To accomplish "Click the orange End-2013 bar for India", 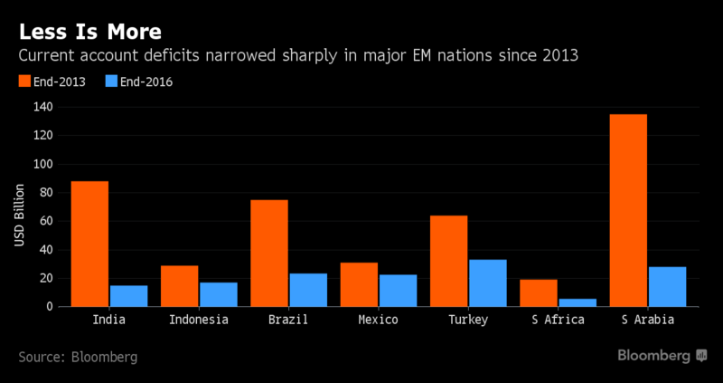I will (89, 244).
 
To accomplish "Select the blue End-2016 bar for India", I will (128, 296).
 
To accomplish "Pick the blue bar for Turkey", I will (488, 282).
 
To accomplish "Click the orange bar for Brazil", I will (269, 253).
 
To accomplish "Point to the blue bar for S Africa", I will (578, 302).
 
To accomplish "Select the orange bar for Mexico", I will (360, 284).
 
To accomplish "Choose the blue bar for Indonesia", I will (218, 294).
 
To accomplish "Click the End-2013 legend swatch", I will (25, 82).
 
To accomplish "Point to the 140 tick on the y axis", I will (42, 107).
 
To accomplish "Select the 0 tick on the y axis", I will (50, 306).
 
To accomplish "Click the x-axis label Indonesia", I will (198, 320).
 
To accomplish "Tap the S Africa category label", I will (559, 320).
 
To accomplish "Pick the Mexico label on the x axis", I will (379, 320).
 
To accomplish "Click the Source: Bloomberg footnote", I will (79, 357).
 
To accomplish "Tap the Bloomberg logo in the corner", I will (662, 356).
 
